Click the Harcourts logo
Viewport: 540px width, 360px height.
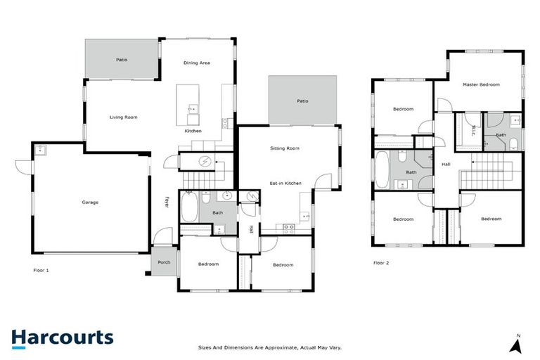click(x=63, y=337)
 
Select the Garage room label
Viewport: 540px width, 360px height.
click(x=90, y=202)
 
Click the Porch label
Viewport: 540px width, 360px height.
click(x=164, y=262)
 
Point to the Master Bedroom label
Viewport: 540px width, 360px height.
click(x=481, y=84)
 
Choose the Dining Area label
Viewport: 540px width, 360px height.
click(x=197, y=63)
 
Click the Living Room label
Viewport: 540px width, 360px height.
click(x=123, y=117)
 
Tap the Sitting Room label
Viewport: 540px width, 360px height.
click(x=285, y=148)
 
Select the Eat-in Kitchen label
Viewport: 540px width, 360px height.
click(x=285, y=183)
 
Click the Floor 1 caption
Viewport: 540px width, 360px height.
click(x=41, y=269)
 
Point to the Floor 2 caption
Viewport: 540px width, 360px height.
click(x=381, y=263)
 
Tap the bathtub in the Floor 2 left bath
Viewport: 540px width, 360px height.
click(x=382, y=170)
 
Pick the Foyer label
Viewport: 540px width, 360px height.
click(x=167, y=202)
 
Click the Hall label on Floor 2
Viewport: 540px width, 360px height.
click(x=446, y=164)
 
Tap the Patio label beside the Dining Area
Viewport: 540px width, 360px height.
click(x=122, y=60)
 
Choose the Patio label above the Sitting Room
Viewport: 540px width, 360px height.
click(x=302, y=101)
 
